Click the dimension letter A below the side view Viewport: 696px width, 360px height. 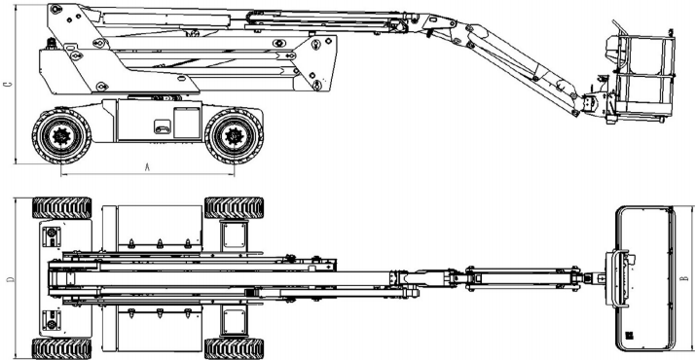click(x=147, y=167)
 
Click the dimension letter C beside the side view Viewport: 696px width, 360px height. click(x=9, y=85)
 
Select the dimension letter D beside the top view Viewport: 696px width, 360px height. click(x=10, y=279)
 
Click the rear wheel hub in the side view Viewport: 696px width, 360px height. click(x=61, y=136)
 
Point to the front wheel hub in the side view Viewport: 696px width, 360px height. click(x=234, y=136)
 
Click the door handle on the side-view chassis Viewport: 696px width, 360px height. click(x=162, y=126)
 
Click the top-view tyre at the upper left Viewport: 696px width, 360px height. click(x=61, y=208)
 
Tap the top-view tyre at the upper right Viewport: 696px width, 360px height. click(x=234, y=208)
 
